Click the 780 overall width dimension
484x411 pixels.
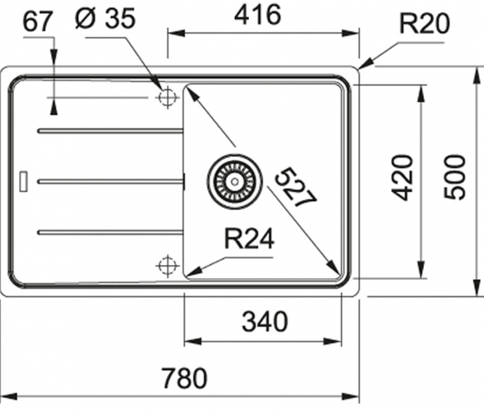pos(185,377)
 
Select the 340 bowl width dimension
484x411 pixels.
pos(265,321)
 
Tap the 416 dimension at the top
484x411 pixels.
pos(257,14)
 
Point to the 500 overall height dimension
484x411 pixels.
pos(454,177)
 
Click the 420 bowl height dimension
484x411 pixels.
pos(402,177)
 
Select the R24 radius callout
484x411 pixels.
pos(249,238)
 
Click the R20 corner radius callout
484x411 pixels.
pos(425,23)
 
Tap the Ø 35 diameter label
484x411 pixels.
pos(105,18)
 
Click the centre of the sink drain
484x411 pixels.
pos(235,181)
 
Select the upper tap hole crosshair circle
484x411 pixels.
pos(167,98)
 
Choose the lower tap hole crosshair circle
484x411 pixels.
pos(167,266)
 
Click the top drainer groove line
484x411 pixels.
pos(110,131)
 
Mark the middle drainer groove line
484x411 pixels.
pos(110,182)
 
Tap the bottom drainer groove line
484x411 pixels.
pos(110,232)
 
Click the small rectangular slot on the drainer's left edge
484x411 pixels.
pos(23,181)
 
